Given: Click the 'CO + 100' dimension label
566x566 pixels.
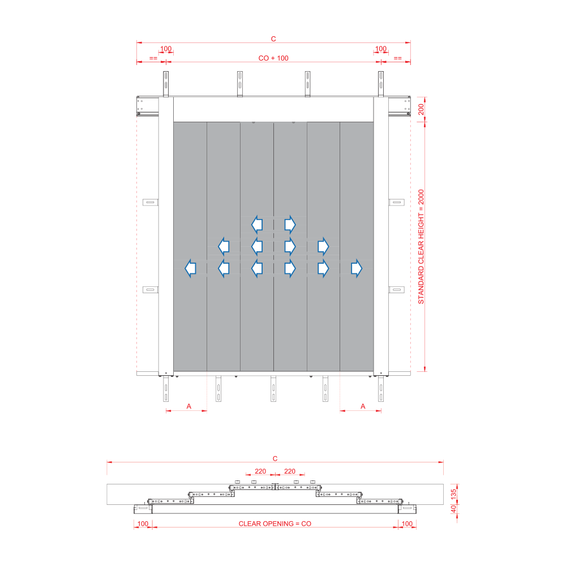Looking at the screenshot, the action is (273, 58).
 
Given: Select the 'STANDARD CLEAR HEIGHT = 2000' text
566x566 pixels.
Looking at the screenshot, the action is (421, 247).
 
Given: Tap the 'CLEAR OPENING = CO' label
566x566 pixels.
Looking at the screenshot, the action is (275, 524).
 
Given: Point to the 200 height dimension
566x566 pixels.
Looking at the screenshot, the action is (421, 109).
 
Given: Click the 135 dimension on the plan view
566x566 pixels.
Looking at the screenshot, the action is (453, 494).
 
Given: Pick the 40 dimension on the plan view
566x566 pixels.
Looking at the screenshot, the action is (453, 509).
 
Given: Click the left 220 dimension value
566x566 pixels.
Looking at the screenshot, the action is (260, 471).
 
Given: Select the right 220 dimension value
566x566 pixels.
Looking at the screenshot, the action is (289, 471).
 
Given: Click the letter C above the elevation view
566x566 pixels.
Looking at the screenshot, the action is (273, 38).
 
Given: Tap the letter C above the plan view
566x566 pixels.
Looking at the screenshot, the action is (275, 458).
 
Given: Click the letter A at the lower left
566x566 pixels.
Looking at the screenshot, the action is (189, 406).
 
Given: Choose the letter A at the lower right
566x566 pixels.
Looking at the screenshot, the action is (363, 406).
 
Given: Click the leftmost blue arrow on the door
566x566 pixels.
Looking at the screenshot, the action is (190, 268).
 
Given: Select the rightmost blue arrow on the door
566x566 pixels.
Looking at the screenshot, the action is (356, 268).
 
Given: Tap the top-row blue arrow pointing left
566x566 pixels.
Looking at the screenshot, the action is (256, 225).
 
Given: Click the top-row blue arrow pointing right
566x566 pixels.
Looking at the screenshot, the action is (290, 225).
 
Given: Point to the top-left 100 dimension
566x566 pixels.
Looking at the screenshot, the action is (166, 49).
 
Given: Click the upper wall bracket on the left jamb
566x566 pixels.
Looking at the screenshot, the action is (150, 202).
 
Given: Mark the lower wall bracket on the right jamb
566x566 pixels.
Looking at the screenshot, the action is (396, 289).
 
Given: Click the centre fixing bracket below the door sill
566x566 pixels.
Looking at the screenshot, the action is (273, 389).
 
